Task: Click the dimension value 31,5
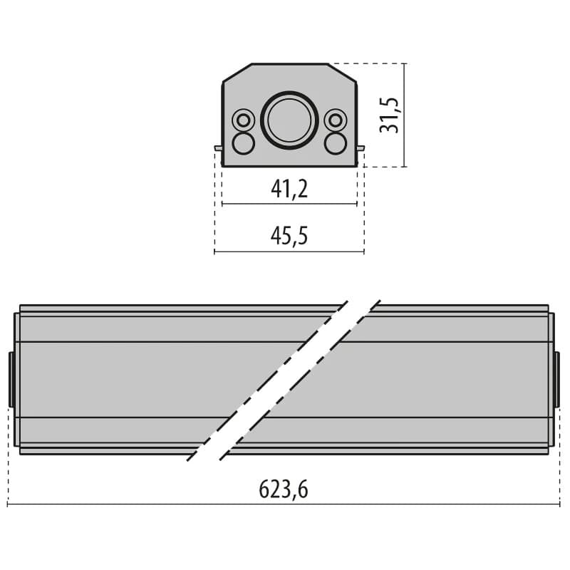point(390,115)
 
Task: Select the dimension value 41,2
point(289,189)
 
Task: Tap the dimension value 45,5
point(289,236)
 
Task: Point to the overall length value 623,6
point(284,489)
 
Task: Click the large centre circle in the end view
point(289,120)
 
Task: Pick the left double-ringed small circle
point(244,120)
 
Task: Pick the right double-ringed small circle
point(335,120)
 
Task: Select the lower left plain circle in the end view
point(244,143)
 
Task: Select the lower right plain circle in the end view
point(335,143)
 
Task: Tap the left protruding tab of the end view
point(218,148)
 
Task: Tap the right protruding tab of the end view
point(361,148)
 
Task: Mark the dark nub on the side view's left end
point(11,379)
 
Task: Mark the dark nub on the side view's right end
point(557,379)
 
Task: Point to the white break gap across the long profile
point(284,380)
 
